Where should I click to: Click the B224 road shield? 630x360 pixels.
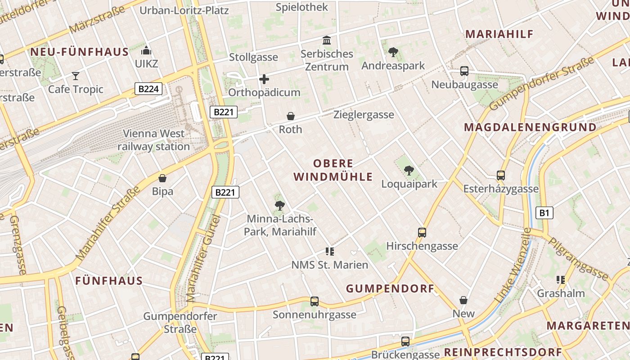point(148,89)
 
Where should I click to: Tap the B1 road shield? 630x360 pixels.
point(544,212)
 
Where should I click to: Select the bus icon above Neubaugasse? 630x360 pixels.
point(464,71)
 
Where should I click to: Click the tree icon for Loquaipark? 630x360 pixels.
point(409,170)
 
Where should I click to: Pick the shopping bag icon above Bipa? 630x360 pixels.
point(162,178)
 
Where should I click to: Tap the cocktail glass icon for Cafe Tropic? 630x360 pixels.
point(76,76)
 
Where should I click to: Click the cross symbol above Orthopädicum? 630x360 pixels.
point(264,80)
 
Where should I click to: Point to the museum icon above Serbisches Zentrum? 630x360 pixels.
point(327,40)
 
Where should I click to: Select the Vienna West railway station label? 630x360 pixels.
point(154,140)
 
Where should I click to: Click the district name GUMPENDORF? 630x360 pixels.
point(390,288)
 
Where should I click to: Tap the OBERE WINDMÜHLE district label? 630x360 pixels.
point(333,170)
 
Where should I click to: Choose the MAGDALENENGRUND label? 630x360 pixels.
point(530,127)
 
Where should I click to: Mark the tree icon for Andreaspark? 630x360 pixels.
point(393,52)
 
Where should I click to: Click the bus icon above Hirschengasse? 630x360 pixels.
point(422,233)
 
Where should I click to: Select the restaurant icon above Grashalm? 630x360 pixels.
point(561,280)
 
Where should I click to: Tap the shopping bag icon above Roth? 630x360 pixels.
point(291,117)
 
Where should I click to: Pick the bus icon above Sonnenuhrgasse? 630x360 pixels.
point(314,301)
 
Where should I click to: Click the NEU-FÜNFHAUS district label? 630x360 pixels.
point(80,52)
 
